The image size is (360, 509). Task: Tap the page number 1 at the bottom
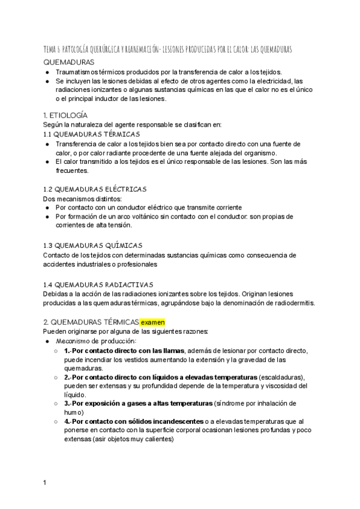(x=45, y=483)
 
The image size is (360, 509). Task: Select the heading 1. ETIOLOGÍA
(x=65, y=115)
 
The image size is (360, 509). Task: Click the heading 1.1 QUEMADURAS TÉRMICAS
(x=92, y=134)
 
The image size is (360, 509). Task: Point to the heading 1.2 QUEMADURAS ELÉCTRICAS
(x=94, y=189)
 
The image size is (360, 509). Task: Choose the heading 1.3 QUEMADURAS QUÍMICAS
(x=92, y=245)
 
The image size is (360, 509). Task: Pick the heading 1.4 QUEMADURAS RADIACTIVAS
(x=98, y=284)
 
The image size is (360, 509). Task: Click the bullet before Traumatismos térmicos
(x=47, y=72)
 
